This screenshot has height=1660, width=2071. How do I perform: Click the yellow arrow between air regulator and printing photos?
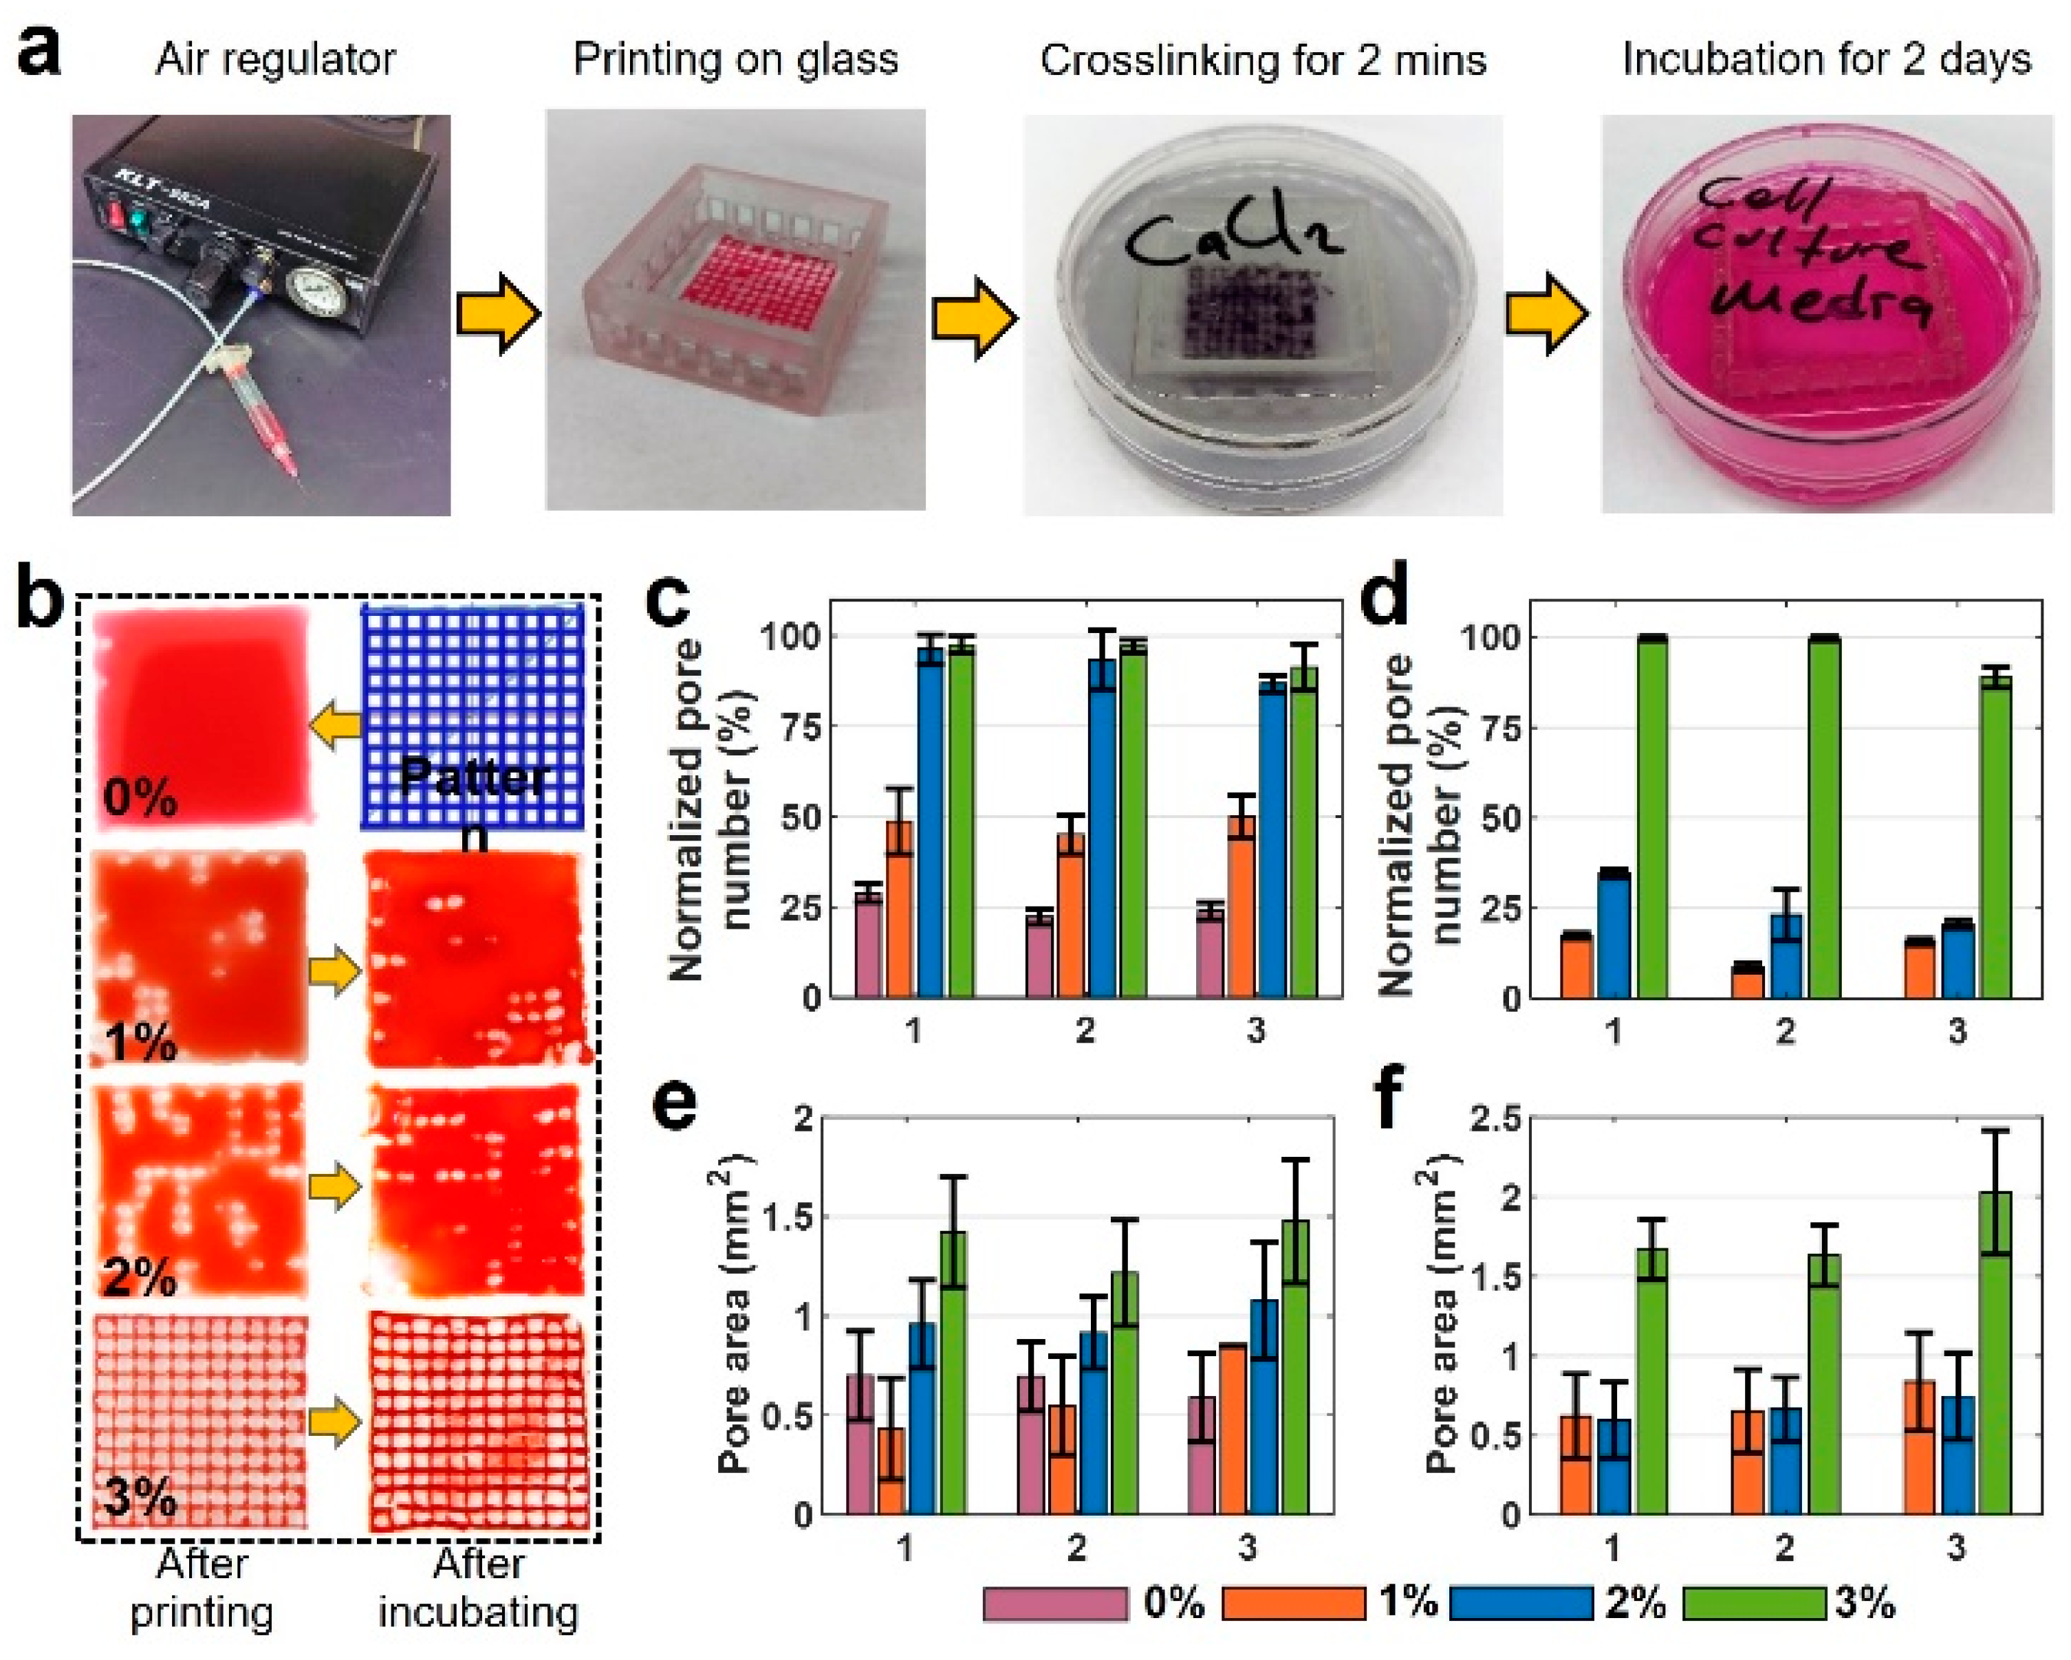(497, 314)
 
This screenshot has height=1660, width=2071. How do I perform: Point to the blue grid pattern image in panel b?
(472, 716)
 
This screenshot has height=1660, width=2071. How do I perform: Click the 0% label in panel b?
(140, 797)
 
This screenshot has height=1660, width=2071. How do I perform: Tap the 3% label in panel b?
(140, 1498)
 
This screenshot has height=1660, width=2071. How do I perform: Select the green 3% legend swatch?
(1754, 1604)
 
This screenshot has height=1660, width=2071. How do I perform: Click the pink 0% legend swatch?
(1054, 1604)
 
